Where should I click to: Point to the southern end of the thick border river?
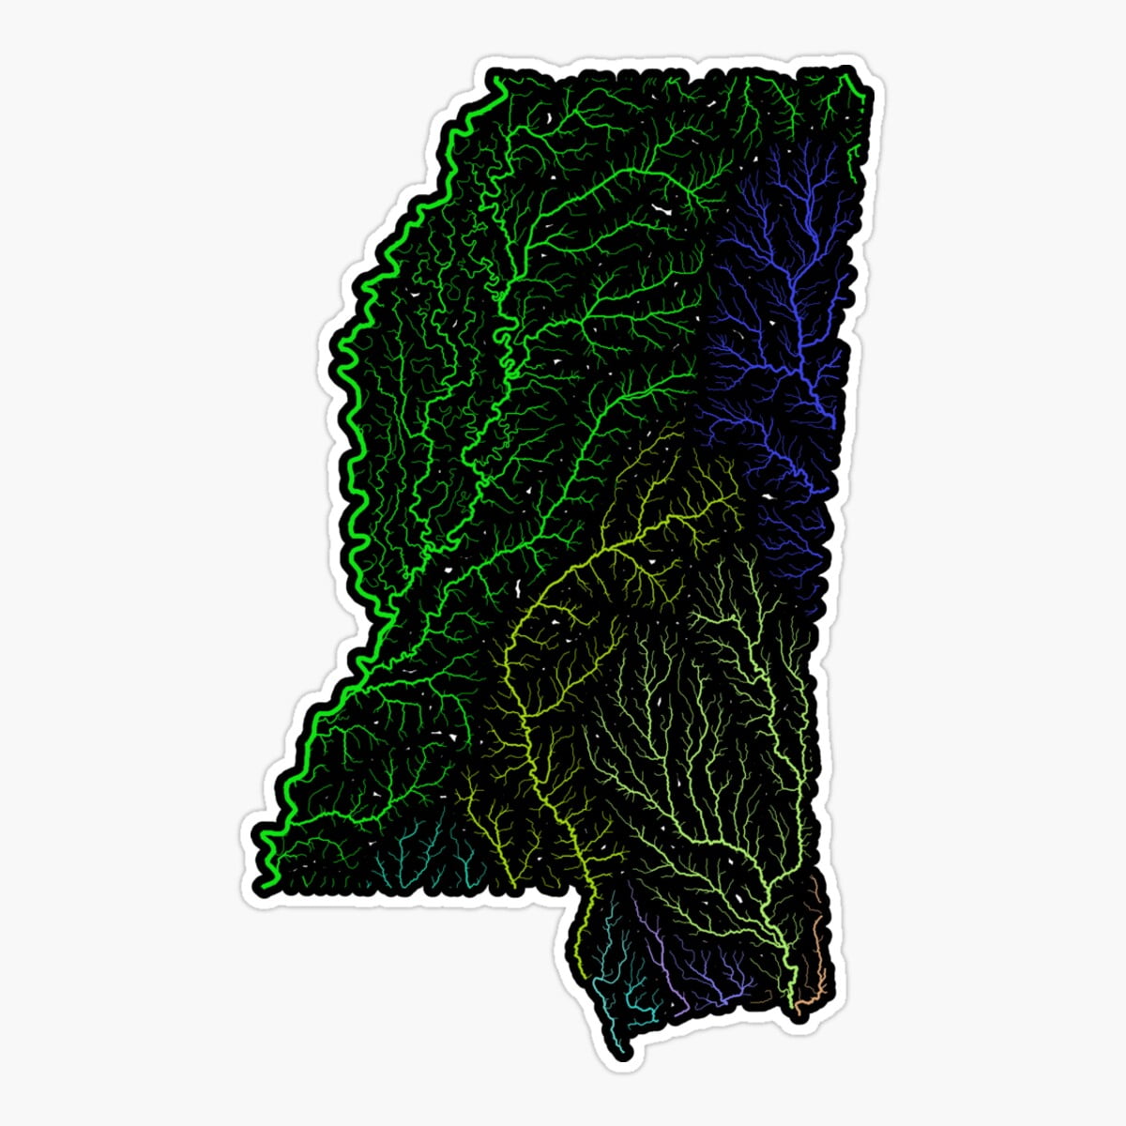tap(266, 883)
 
